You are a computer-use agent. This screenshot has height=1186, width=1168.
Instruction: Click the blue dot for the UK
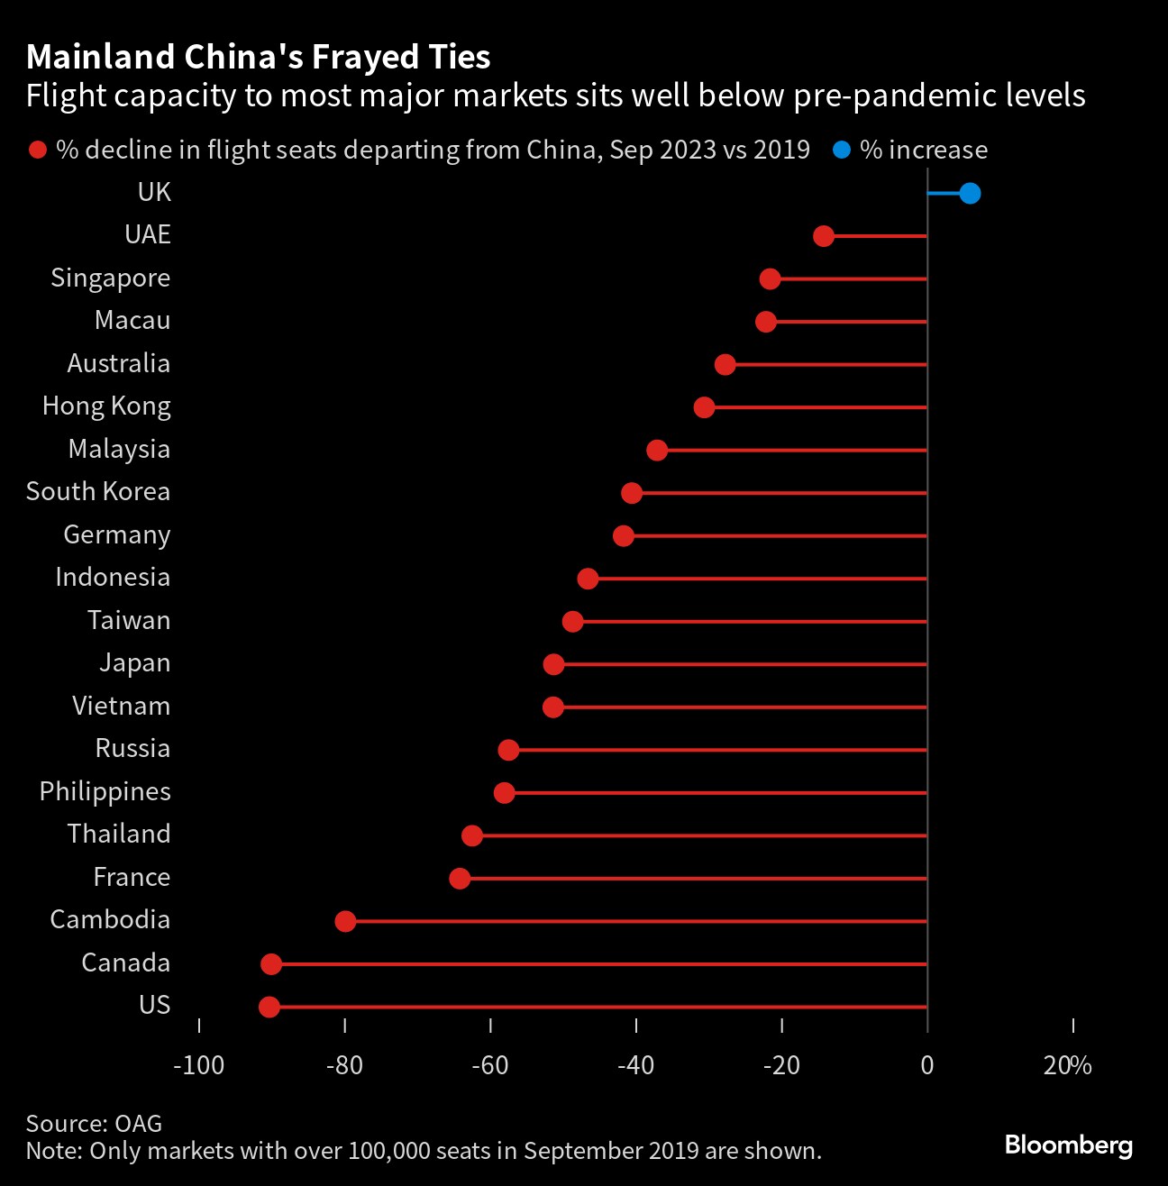coord(970,193)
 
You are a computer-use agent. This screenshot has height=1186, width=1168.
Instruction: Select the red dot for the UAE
coord(823,236)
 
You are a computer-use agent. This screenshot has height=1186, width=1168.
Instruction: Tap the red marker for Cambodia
coord(345,921)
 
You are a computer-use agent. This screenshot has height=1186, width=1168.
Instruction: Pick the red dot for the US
coord(269,1007)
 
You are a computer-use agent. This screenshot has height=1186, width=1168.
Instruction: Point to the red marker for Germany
coord(623,536)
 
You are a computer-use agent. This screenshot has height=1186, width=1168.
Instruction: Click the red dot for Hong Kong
coord(704,407)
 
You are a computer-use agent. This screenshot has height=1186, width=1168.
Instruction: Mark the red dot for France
coord(460,879)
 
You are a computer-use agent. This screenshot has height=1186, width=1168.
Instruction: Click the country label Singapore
coord(110,278)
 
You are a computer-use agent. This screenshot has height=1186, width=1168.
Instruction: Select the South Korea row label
coord(97,491)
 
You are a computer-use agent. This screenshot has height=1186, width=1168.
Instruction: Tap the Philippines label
coord(105,791)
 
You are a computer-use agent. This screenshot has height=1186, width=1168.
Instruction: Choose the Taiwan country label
coord(129,620)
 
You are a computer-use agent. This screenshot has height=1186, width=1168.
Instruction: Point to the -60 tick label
coord(489,1065)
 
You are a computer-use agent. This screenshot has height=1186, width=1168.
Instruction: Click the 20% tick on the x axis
coord(1068,1065)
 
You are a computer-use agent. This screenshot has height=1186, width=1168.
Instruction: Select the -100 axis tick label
coord(198,1065)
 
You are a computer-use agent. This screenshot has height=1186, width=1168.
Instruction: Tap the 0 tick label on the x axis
coord(927,1065)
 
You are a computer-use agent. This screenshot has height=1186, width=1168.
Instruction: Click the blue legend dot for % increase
coord(842,150)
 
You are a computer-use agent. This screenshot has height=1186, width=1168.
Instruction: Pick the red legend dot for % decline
coord(38,150)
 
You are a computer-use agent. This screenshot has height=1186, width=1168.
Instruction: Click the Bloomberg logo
coord(1068,1145)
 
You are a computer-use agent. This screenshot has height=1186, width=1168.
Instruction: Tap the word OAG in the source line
coord(139,1123)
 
